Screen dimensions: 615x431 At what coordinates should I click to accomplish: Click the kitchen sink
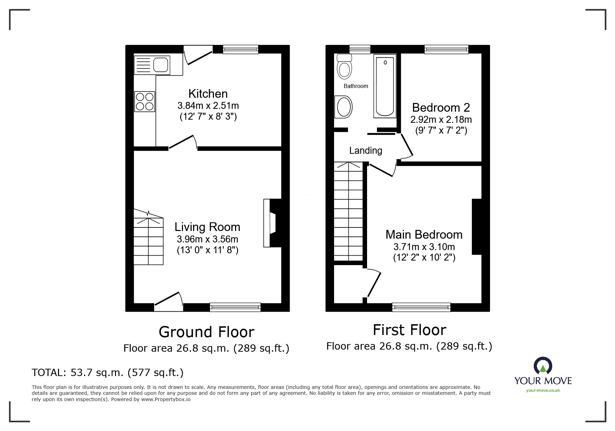152,65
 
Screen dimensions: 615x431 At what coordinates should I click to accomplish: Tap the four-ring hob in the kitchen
144,101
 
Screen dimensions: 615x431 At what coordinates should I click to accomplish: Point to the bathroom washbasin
344,107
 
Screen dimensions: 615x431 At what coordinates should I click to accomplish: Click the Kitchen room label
208,94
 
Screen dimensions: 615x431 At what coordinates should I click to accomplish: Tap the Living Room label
207,227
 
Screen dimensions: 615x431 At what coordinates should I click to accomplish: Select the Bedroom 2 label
441,107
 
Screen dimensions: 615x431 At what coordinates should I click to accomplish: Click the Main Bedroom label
424,234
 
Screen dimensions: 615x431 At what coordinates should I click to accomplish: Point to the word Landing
366,150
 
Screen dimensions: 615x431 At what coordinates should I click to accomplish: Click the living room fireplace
272,223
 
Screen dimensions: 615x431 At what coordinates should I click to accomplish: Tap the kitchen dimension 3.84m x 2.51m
208,105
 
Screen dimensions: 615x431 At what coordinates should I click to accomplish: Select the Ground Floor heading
207,332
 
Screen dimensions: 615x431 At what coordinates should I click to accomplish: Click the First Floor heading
409,330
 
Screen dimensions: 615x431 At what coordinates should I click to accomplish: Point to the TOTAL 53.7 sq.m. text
108,373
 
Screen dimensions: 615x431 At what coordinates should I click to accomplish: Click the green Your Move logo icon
543,366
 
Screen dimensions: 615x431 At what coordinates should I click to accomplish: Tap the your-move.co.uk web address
543,390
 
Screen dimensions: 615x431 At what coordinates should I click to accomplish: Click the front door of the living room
168,301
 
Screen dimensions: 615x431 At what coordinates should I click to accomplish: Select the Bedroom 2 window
446,49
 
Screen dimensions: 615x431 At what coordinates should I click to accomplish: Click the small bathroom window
360,49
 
